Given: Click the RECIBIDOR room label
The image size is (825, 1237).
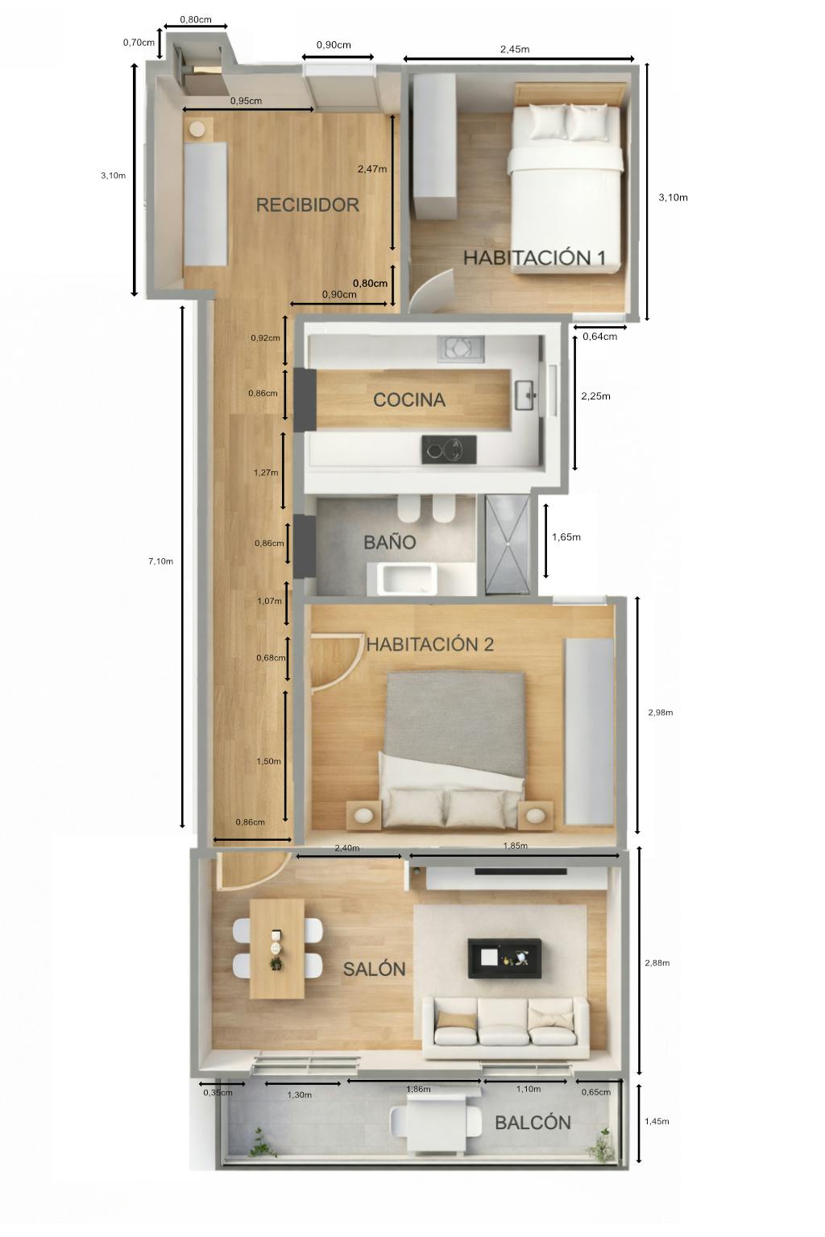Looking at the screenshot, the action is pos(307,205).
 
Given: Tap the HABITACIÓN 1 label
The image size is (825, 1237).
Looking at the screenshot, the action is pos(534,258).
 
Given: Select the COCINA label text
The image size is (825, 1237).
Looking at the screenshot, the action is pos(409,399).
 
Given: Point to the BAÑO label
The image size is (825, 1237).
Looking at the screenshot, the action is pos(390,542).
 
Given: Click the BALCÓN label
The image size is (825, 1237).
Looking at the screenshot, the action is pos(533,1122).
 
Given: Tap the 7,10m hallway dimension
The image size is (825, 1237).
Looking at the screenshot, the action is pos(160,561).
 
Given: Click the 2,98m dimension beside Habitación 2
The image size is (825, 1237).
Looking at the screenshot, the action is pos(661,713).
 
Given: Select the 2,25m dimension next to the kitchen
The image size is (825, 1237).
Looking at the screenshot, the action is pos(595,396).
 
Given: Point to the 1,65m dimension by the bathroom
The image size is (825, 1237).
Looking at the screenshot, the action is pos(566,537).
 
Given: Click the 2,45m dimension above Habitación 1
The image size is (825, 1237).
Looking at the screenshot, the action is pos(515,49).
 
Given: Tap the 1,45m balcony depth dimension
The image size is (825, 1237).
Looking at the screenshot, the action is pos(657,1121).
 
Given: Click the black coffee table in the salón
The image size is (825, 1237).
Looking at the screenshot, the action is pos(504,958).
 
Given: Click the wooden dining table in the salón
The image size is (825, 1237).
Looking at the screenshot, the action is pos(277,949).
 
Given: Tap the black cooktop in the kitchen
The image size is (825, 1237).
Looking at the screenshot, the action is pos(450,449).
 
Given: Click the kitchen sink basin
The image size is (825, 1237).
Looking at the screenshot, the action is pos(525,395).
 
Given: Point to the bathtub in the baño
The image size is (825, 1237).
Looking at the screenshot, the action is pos(407,579).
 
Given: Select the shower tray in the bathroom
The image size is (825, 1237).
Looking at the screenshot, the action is pos(508,544).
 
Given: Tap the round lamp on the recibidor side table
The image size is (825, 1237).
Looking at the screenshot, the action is pos(197,130).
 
